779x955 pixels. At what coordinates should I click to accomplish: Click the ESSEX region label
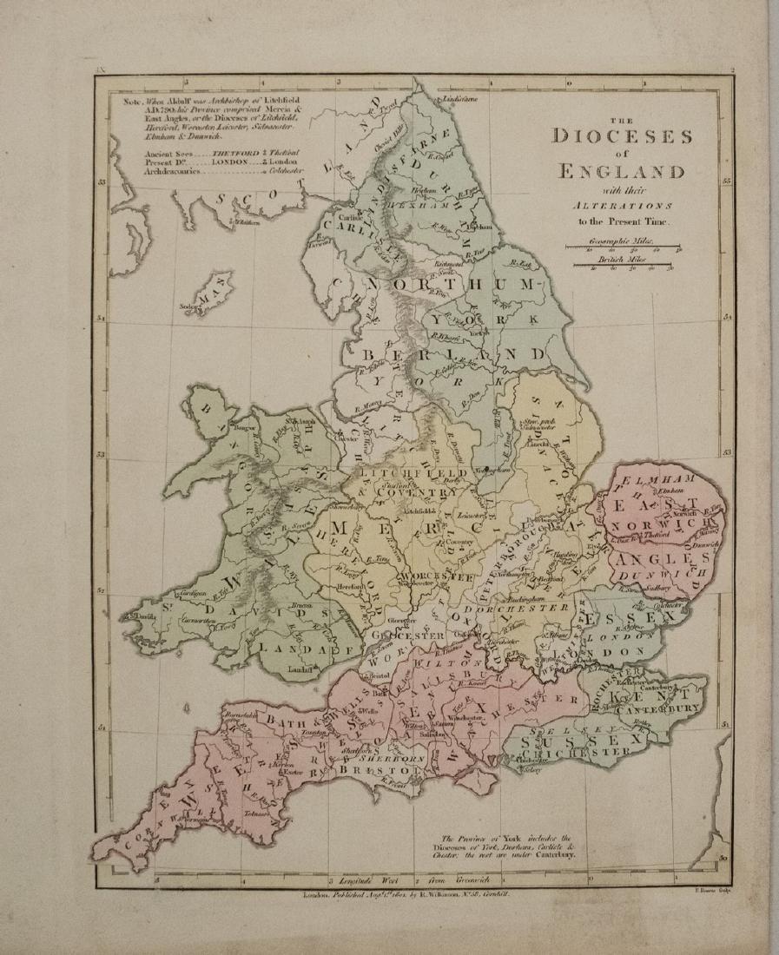(x=615, y=618)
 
